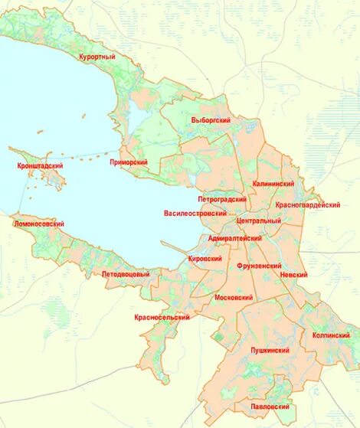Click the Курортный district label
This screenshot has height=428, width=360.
click(x=97, y=57)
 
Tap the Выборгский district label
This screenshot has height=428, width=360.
click(x=211, y=120)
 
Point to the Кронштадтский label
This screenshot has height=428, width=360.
click(x=40, y=166)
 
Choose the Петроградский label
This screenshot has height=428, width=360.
click(x=223, y=198)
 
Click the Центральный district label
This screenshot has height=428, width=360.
click(x=260, y=221)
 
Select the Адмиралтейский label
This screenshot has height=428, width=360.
click(x=235, y=239)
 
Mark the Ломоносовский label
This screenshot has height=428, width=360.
click(x=39, y=224)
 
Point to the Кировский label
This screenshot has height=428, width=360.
click(x=205, y=259)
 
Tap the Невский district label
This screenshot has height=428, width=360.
click(x=294, y=274)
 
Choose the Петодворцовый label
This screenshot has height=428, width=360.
click(x=126, y=274)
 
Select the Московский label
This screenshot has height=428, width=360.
click(x=234, y=296)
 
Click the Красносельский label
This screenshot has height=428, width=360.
click(x=162, y=317)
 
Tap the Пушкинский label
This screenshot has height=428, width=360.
click(x=270, y=350)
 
